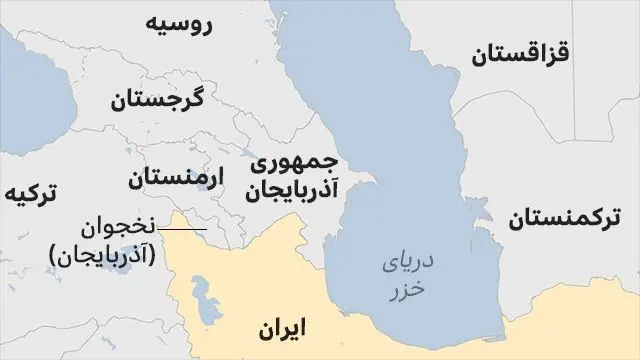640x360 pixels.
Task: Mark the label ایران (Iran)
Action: pyautogui.click(x=281, y=328)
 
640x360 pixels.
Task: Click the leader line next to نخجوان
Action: pyautogui.click(x=182, y=230)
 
